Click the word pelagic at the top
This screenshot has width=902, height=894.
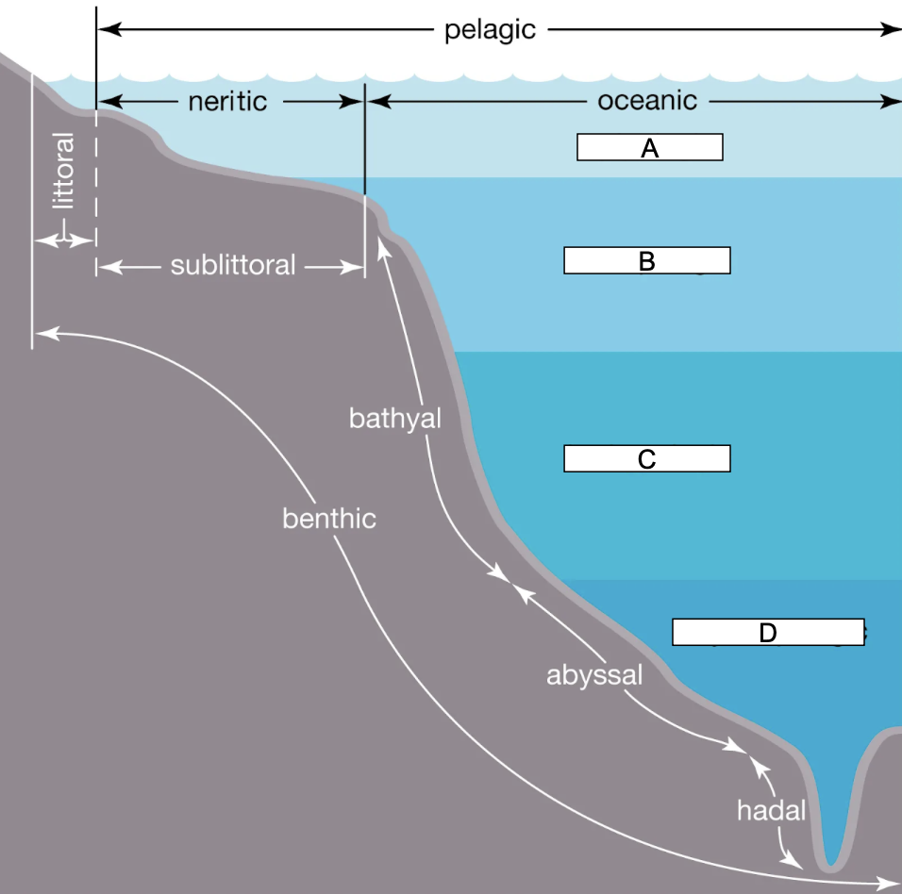tap(490, 29)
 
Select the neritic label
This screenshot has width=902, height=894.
tap(227, 101)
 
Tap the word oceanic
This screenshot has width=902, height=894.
tap(647, 100)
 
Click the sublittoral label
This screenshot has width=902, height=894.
tap(232, 265)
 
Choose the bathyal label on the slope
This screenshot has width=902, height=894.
tap(394, 418)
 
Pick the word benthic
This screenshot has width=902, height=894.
tap(328, 518)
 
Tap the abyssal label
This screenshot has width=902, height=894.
tap(593, 674)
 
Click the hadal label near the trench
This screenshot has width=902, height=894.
tap(771, 809)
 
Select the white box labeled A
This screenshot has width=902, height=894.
tap(649, 147)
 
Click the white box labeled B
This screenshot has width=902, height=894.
tap(646, 261)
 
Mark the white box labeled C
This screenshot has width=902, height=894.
tap(646, 458)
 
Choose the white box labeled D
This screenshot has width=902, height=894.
tap(767, 632)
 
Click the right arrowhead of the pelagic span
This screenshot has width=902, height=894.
tap(893, 29)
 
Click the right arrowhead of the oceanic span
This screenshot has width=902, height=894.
tap(893, 101)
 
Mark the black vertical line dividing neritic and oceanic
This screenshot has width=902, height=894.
tap(365, 141)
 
